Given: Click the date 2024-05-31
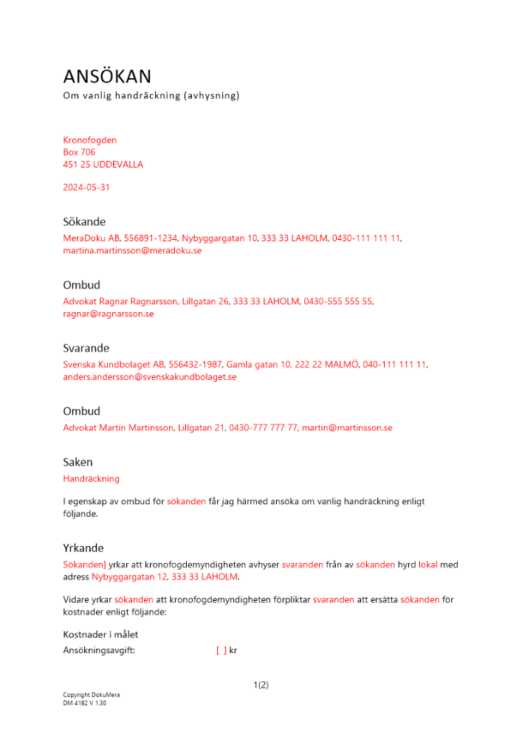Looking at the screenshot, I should [86, 187].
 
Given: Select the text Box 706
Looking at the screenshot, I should [79, 152].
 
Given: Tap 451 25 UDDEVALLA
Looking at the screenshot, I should [103, 165].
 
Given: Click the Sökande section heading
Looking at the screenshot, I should [84, 222].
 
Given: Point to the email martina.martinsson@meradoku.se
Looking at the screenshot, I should [132, 251].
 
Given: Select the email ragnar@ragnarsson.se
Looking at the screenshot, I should [108, 314].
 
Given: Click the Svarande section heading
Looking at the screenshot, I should [86, 348].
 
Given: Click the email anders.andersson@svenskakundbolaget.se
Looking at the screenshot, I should [149, 377].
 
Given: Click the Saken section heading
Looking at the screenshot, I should [78, 463].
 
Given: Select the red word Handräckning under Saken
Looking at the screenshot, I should [91, 479].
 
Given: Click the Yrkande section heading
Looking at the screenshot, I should [83, 548].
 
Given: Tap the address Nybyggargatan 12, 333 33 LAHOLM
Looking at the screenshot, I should [165, 577].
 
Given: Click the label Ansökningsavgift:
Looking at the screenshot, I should [99, 651].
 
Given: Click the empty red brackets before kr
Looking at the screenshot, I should [221, 651].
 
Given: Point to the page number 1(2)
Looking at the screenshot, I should [261, 685].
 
